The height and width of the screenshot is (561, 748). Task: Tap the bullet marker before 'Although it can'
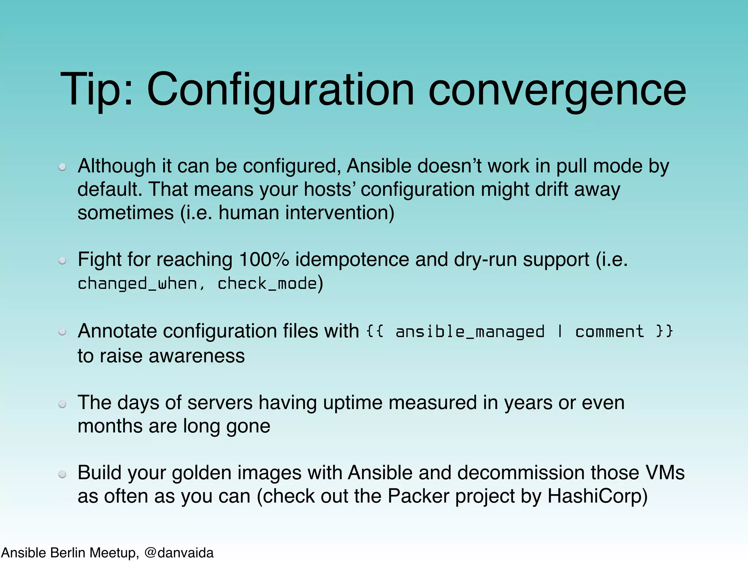(x=62, y=167)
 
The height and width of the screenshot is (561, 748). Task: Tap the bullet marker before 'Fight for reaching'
(x=62, y=260)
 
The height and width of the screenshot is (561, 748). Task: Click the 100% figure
(x=264, y=260)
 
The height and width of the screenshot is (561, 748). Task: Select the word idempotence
(x=352, y=260)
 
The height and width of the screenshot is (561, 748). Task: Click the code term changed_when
(x=137, y=284)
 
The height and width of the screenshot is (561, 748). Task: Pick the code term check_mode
(x=267, y=284)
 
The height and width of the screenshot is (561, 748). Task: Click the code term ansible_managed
(x=470, y=332)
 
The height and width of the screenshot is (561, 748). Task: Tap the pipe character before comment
(x=560, y=332)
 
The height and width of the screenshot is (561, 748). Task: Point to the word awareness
(x=196, y=356)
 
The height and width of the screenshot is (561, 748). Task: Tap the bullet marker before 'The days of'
(x=62, y=404)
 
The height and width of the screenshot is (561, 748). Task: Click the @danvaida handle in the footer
(x=179, y=553)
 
